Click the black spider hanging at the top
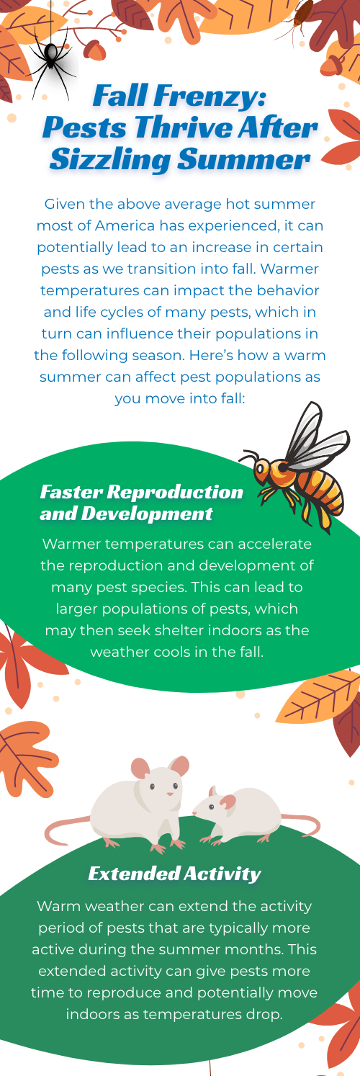click(x=51, y=63)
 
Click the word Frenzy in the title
click(x=208, y=96)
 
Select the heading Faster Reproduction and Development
click(x=141, y=503)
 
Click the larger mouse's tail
click(x=67, y=830)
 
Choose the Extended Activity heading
click(x=175, y=874)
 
